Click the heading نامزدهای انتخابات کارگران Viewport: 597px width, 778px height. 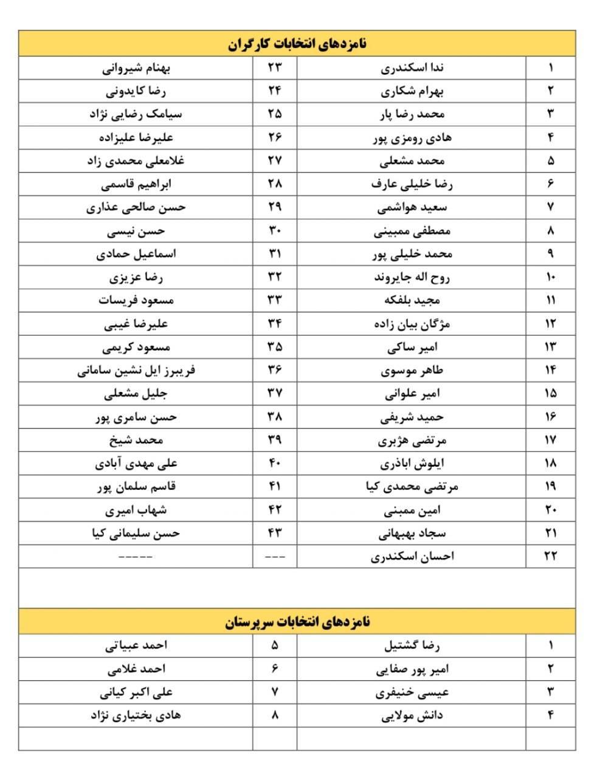pyautogui.click(x=297, y=44)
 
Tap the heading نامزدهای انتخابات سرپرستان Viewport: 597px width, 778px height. pyautogui.click(x=297, y=622)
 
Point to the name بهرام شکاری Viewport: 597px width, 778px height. pyautogui.click(x=412, y=91)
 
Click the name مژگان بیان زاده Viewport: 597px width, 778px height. pyautogui.click(x=412, y=324)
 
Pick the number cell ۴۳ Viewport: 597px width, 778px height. pyautogui.click(x=275, y=533)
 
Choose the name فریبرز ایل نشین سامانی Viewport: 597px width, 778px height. pyautogui.click(x=136, y=370)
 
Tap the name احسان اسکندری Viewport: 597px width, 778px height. pyautogui.click(x=412, y=556)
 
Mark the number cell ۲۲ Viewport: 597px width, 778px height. pyautogui.click(x=550, y=556)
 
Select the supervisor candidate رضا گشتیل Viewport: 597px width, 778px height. pyautogui.click(x=412, y=645)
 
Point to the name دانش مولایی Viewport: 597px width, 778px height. pyautogui.click(x=412, y=715)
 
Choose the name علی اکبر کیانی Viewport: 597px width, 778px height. pyautogui.click(x=136, y=692)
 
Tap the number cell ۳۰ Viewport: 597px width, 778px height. pyautogui.click(x=275, y=231)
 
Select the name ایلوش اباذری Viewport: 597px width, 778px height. pyautogui.click(x=412, y=463)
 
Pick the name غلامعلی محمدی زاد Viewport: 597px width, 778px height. pyautogui.click(x=136, y=161)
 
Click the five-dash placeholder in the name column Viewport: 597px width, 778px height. pyautogui.click(x=136, y=556)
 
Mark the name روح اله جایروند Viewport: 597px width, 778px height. pyautogui.click(x=412, y=278)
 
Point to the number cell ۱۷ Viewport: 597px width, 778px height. pyautogui.click(x=550, y=440)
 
